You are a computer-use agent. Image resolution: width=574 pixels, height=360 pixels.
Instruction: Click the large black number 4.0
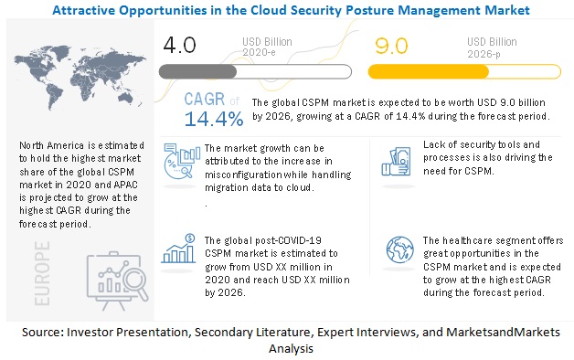click(179, 45)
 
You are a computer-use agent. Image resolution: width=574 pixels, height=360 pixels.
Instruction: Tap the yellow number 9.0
click(391, 46)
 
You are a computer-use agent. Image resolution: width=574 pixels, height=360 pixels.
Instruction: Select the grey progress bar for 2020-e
click(255, 71)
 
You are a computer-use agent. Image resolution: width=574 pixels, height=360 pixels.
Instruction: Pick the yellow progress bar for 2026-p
click(464, 71)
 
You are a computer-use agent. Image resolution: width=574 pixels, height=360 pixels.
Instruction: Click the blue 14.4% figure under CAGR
click(214, 119)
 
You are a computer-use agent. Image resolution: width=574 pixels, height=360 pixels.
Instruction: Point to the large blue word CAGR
click(204, 99)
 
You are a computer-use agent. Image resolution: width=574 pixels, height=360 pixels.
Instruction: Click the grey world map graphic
click(80, 77)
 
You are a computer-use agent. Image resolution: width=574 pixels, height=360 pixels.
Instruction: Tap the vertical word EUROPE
click(42, 273)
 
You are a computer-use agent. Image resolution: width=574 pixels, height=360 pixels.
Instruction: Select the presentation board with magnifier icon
click(117, 281)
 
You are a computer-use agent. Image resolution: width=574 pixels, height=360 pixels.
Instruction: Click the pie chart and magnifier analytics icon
click(182, 161)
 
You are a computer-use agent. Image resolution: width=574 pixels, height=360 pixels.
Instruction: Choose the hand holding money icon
click(396, 162)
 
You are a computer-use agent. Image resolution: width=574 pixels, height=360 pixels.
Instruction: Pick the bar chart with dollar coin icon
click(178, 249)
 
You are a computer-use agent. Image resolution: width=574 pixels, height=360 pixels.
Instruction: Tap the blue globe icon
click(400, 249)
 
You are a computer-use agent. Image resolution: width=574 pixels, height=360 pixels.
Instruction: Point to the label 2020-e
click(259, 52)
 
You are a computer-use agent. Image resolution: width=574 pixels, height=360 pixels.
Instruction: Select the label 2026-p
click(484, 54)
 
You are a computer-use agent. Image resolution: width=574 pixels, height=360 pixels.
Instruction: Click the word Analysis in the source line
click(291, 348)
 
